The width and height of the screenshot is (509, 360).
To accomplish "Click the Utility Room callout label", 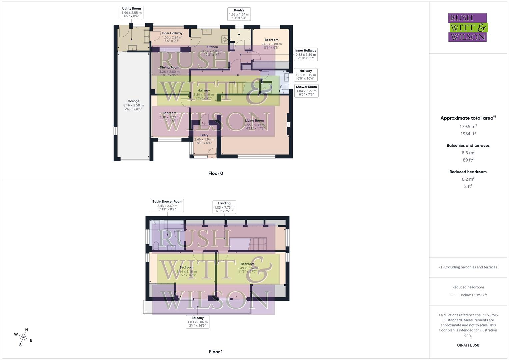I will coord(131,12).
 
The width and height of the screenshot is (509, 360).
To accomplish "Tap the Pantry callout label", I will coord(239,14).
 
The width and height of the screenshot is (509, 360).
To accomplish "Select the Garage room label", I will coord(133,105).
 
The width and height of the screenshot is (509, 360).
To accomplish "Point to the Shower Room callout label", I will coord(306,91).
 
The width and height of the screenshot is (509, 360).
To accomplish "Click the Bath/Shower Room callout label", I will coord(167,205).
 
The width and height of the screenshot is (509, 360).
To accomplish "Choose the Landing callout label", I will coord(224,207).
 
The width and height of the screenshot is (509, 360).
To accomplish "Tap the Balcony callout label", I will coord(198,322).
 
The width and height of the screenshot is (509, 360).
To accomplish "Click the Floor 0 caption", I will coord(216,173).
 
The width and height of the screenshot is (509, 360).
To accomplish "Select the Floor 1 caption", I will coord(216,352).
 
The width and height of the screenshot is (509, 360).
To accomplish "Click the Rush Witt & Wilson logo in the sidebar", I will coord(467,27).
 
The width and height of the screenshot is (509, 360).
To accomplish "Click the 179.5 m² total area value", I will coord(468,126).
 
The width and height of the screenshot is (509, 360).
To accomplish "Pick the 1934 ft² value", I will coord(468,134).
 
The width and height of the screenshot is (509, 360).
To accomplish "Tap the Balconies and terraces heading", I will coord(468,145).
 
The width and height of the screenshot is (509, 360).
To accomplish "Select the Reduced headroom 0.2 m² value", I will coord(468,179).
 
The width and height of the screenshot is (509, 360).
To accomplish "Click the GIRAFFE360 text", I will coord(468,345).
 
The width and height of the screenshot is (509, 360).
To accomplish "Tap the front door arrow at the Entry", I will coord(212,158).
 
